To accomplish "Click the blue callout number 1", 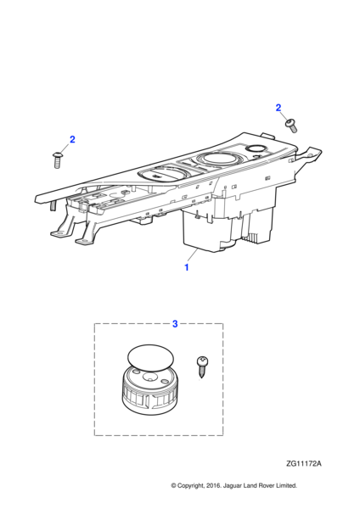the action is pos(187,267).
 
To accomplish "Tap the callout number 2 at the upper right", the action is pos(278,108).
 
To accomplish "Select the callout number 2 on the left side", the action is pos(72,139).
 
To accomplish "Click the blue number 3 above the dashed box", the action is pos(175,324).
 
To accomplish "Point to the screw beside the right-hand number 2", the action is pos(291,126).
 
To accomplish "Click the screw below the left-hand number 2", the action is pos(57,159).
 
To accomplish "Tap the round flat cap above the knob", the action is pos(150,358).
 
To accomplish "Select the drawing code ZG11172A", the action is pos(304,463).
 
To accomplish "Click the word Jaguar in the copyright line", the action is pos(233,486).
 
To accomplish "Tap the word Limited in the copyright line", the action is pos(286,485).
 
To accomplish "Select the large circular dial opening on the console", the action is pos(220,159).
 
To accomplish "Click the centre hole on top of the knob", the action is pos(149,378).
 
